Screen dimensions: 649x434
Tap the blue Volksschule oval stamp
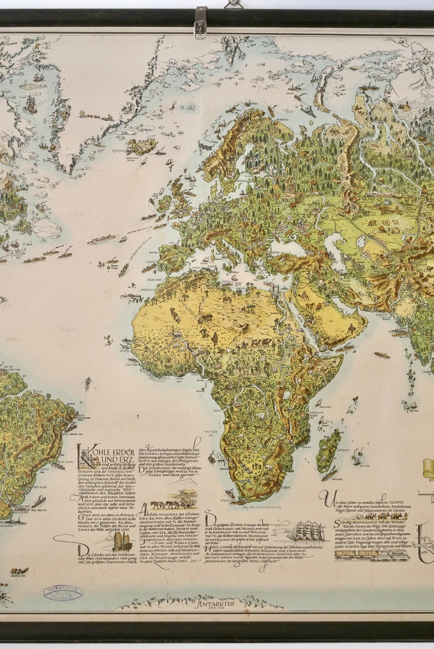pos(63,592)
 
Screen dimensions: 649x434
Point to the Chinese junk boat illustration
pos(122,540)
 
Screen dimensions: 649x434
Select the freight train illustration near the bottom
pos(371,555)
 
